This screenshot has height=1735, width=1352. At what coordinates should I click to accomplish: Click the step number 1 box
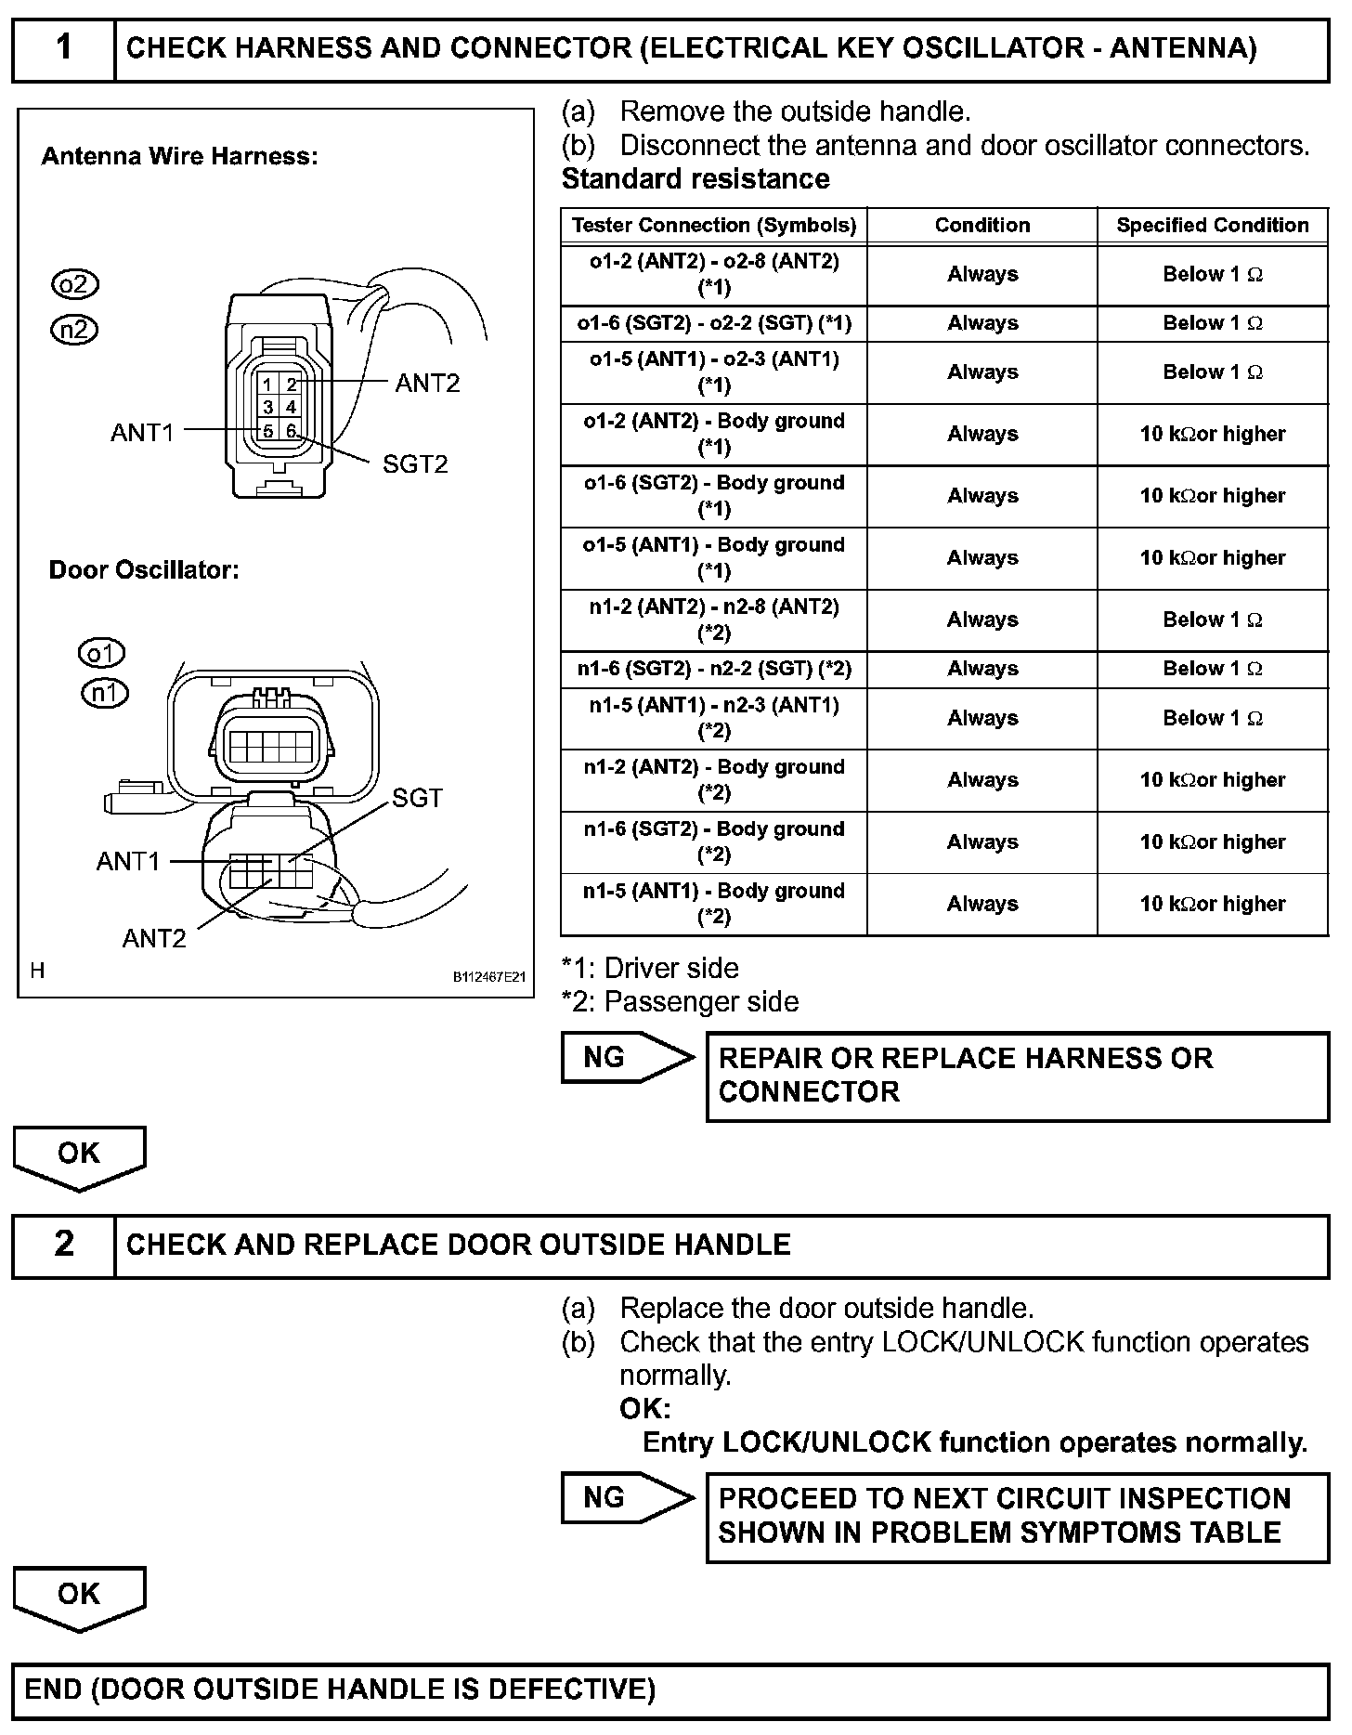coord(63,47)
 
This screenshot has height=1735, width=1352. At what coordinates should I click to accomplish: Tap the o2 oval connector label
coord(74,284)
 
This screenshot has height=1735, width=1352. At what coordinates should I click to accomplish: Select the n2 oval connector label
coord(74,330)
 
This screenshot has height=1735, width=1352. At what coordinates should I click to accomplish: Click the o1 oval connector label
coord(101,654)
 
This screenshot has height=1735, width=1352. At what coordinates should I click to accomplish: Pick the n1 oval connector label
coord(105,693)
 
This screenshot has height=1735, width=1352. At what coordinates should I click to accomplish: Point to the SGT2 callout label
coord(415,463)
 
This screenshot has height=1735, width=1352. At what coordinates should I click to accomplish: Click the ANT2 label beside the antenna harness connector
coord(427,383)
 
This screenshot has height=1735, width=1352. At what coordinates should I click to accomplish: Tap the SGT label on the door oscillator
coord(417,798)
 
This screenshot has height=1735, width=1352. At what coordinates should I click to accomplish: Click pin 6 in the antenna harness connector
coord(291,431)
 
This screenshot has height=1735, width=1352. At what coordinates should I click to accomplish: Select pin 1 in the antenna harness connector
coord(267,385)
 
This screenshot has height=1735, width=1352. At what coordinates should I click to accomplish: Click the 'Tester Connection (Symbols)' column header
coord(713,225)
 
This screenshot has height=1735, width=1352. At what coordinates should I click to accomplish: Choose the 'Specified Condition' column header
coord(1212,225)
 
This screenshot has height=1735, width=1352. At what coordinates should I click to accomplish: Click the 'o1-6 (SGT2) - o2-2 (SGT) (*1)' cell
coord(713,323)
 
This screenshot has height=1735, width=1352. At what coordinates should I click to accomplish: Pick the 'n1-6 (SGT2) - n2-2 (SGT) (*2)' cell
coord(713,669)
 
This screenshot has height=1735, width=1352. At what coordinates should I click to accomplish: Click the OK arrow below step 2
coord(79,1594)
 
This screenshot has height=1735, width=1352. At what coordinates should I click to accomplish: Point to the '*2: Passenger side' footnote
coord(681,1001)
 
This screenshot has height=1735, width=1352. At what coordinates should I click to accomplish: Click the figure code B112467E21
coord(489,977)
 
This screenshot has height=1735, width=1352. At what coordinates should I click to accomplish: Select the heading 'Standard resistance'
coord(695,178)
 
